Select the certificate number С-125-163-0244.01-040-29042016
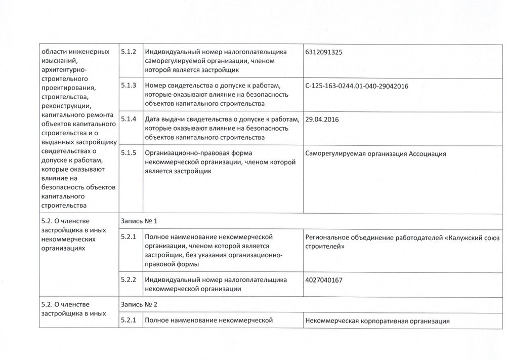pos(357,86)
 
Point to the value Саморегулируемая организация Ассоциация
pos(376,153)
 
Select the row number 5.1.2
pos(130,52)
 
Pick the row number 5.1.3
pos(130,86)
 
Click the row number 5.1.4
pos(130,119)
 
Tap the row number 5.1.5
pos(130,153)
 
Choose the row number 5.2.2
pos(130,279)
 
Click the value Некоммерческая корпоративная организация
pos(378,321)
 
